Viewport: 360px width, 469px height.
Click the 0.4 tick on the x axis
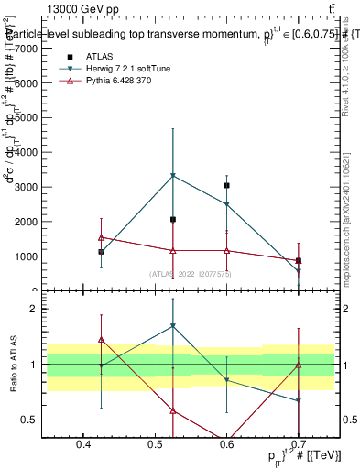coord(83,445)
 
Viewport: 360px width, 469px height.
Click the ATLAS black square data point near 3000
coord(226,185)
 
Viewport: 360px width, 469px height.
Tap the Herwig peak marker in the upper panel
coord(172,175)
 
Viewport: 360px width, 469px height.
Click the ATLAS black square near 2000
coord(172,220)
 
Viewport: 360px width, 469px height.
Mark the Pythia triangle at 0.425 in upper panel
coord(101,237)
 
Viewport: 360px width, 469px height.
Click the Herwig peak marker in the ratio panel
coord(172,325)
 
